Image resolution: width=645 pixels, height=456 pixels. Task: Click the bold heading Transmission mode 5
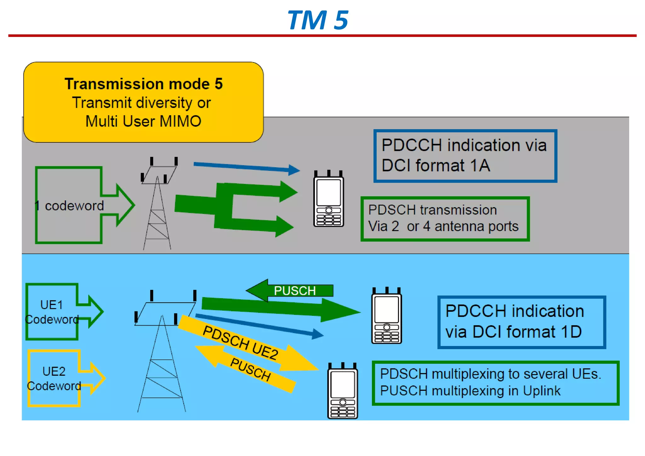[143, 84]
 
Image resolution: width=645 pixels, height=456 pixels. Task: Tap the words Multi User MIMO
[143, 121]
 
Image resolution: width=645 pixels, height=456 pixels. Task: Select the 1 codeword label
[70, 206]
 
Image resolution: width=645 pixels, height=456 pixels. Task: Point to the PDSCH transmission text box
[445, 219]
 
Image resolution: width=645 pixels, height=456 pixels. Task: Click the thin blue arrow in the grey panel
[246, 167]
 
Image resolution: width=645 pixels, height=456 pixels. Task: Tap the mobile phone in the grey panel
[328, 199]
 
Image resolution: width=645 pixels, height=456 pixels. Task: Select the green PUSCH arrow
[290, 290]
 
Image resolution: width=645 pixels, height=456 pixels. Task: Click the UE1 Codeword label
[52, 312]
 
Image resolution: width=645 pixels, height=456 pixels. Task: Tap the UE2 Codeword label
[54, 378]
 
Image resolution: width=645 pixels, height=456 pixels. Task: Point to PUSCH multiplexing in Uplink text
[470, 391]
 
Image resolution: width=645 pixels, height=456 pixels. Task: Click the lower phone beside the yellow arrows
[342, 391]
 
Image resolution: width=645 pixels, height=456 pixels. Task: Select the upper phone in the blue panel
[386, 316]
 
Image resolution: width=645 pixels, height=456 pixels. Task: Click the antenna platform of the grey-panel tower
[159, 175]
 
